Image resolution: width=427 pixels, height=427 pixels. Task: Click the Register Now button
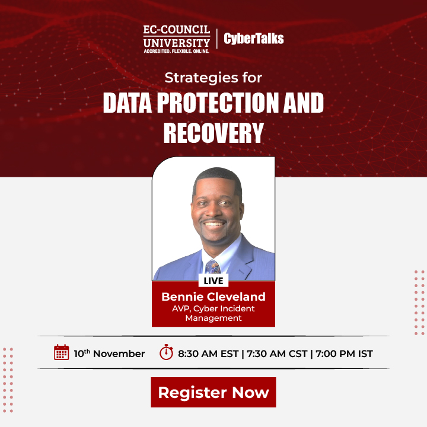point(213,392)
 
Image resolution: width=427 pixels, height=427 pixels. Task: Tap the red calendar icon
point(61,353)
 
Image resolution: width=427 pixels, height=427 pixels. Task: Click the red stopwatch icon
point(166,353)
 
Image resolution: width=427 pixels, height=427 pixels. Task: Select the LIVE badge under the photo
point(213,280)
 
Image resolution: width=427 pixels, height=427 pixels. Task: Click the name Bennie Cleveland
point(213,297)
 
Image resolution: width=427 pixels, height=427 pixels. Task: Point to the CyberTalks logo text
point(254,39)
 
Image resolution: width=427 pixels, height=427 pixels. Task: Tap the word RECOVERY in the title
point(213,133)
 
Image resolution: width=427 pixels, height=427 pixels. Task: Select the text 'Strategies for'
point(213,78)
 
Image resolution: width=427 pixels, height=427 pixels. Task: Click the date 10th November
point(109,353)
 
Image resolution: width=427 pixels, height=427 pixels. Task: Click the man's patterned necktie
point(214,268)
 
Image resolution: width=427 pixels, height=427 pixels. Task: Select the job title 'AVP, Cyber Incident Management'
point(213,313)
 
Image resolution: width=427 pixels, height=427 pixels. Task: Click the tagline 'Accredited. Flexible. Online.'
point(176,52)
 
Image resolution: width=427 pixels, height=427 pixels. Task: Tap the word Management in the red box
point(213,318)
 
